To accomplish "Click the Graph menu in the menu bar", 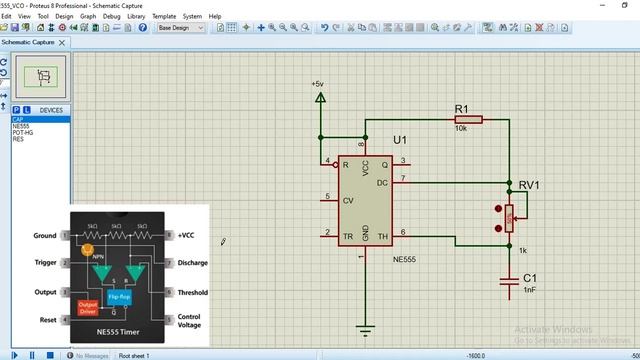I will (88, 16).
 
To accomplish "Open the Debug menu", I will (111, 16).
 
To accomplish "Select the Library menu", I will (136, 16).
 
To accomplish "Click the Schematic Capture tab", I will (29, 42).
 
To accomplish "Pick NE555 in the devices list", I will (21, 126).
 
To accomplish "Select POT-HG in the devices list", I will (23, 132).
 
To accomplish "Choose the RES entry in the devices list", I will (18, 139).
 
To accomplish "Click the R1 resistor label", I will (461, 108).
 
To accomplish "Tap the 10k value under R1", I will (461, 129).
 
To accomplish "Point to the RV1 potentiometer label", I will (529, 185).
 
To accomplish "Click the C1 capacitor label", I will (530, 277).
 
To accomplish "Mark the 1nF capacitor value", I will (530, 289).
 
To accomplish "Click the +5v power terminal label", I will (317, 84).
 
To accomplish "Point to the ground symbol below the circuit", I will (365, 330).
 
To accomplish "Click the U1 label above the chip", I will (400, 139).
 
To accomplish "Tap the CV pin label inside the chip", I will (348, 200).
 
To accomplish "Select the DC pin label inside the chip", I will (381, 183).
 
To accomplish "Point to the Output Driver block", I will (88, 308).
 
